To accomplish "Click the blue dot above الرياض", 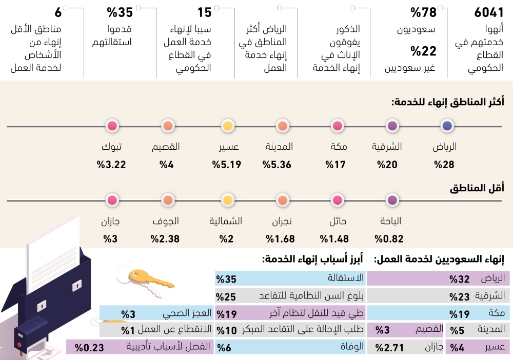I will [447, 126].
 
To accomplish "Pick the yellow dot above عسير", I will [228, 126].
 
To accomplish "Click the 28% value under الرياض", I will [445, 165].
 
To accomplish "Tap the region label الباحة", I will [389, 222].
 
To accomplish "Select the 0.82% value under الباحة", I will [389, 238].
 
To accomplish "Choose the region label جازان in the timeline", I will [111, 222].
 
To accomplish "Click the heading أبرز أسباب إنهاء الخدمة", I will [312, 260].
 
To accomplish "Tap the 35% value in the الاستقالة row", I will [226, 279].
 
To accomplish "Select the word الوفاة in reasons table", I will [351, 347].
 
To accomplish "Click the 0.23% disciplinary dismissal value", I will [90, 347].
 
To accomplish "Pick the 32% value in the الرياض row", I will [460, 279].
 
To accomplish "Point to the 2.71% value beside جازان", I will [389, 348].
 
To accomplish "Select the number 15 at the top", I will [205, 13].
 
